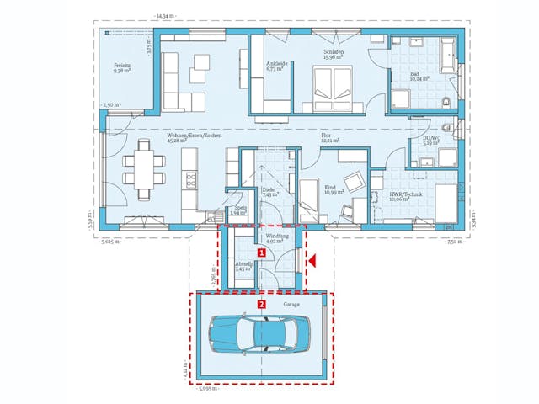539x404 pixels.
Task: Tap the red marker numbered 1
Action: tap(262, 252)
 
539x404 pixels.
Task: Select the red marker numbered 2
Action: tap(262, 304)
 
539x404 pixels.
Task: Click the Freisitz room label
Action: tap(124, 68)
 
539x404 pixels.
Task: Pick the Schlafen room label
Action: tap(334, 52)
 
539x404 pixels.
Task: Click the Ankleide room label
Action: tap(277, 66)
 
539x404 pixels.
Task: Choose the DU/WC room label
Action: tap(430, 141)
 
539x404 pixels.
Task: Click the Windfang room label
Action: tap(277, 238)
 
